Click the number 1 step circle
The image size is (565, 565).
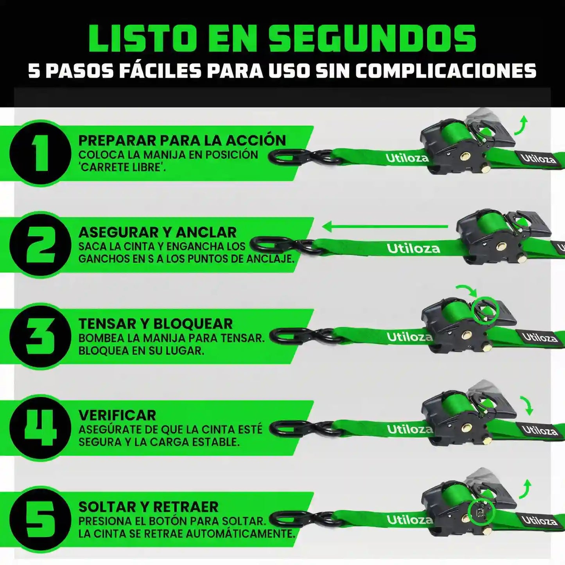point(40,153)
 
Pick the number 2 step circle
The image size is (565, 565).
point(40,245)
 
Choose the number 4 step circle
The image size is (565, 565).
point(40,429)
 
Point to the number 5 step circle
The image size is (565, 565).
point(40,520)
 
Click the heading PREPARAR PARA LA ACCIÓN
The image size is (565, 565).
point(182,140)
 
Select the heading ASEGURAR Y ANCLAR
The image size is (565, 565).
point(158,233)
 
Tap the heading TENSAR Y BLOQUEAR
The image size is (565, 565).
point(155,324)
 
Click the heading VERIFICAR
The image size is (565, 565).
point(117,416)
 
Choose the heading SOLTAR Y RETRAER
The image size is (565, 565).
point(148,507)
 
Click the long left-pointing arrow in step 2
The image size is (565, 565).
point(385,226)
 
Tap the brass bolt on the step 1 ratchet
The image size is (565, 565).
point(464,154)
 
